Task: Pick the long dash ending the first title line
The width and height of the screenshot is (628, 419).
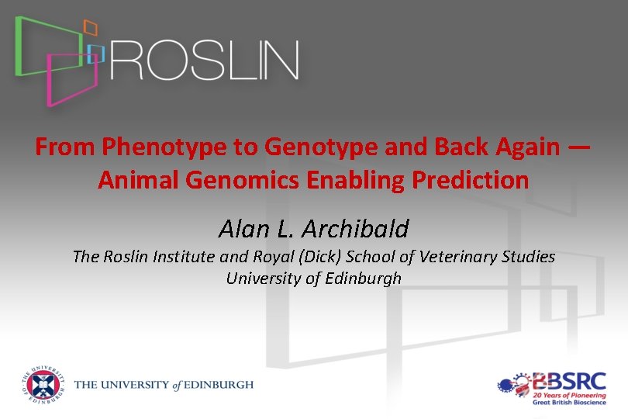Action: [579, 147]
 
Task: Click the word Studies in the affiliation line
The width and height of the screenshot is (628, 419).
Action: [530, 256]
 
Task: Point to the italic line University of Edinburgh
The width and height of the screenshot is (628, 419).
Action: [313, 278]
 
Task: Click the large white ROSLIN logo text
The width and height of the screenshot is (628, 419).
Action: [205, 61]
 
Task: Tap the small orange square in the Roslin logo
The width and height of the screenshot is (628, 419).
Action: [91, 29]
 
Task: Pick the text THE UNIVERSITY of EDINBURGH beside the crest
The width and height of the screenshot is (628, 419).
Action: [164, 386]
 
